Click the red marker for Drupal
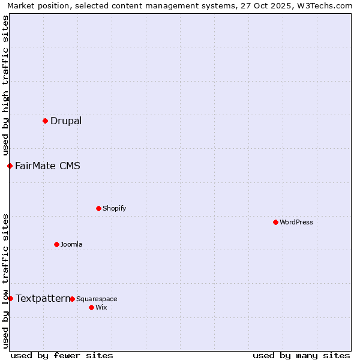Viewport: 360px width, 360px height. point(45,121)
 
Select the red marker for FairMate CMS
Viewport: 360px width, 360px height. point(10,166)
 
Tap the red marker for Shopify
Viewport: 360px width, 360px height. point(98,208)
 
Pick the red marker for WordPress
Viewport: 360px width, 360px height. point(275,222)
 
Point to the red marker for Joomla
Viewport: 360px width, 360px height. point(56,244)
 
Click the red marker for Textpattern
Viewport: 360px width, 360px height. point(10,298)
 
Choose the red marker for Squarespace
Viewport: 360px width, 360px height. point(72,299)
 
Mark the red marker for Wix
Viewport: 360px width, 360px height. point(91,307)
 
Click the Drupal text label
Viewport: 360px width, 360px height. point(66,121)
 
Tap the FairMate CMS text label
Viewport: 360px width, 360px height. point(47,166)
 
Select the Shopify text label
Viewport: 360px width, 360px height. point(114,208)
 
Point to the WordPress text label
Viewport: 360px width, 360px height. point(296,222)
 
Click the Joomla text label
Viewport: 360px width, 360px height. point(71,244)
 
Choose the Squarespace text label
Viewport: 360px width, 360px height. point(97,299)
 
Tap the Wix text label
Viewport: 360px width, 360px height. point(101,307)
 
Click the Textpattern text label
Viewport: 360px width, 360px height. point(43,298)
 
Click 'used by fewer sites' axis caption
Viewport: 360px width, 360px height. point(62,355)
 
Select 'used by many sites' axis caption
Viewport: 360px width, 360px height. point(301,355)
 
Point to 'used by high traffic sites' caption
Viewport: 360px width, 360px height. point(5,85)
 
